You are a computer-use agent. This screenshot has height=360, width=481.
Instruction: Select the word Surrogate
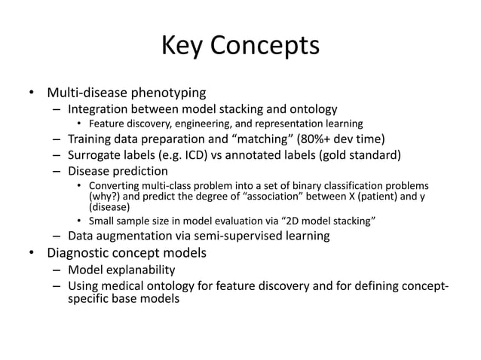pyautogui.click(x=98, y=155)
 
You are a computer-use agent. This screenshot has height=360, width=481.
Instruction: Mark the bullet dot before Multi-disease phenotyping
pyautogui.click(x=32, y=94)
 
